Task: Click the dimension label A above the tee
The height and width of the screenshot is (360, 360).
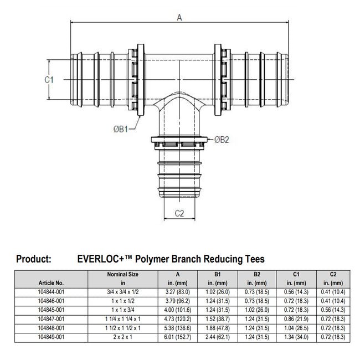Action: point(179,17)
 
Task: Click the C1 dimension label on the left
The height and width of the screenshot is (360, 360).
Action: point(49,80)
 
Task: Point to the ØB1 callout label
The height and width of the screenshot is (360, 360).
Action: point(121,129)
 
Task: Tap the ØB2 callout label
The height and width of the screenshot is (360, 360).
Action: point(222,140)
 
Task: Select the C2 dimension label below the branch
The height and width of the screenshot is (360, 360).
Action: point(179,213)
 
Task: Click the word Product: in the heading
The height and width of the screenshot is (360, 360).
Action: point(34,259)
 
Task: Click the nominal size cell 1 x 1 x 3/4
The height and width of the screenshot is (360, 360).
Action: point(122,309)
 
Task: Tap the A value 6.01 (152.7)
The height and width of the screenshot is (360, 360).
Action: point(178,336)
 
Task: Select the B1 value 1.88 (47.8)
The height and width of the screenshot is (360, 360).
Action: point(218,327)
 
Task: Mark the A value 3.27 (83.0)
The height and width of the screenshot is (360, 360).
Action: point(178,291)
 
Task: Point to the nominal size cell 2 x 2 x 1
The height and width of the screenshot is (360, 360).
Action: point(122,336)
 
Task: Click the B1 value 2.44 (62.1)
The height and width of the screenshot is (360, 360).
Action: point(218,336)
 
